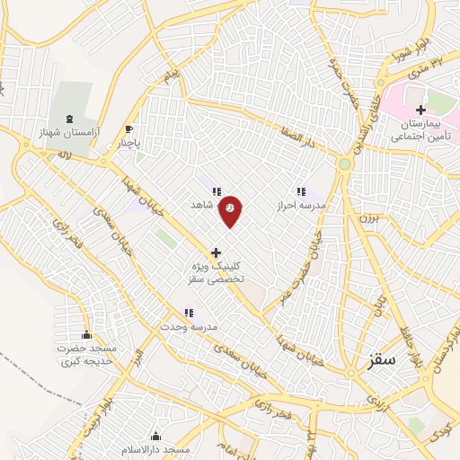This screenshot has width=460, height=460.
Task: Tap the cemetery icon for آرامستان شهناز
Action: (x=69, y=119)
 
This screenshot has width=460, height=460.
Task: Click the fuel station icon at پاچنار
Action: (x=129, y=129)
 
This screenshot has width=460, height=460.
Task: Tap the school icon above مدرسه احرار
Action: (x=301, y=191)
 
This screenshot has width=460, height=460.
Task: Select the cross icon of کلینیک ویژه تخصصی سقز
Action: (x=215, y=253)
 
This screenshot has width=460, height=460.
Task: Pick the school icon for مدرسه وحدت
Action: (x=189, y=314)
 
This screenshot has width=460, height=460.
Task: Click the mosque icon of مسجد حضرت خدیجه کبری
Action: (x=86, y=335)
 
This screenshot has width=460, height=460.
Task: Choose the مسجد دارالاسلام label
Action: (x=156, y=448)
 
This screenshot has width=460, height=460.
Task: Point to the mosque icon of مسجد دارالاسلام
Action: (x=156, y=436)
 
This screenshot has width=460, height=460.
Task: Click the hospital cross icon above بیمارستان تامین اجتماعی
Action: (x=420, y=110)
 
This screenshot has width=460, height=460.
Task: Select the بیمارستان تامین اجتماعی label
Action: (x=420, y=131)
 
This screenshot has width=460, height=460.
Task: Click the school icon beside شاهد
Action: (x=216, y=191)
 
